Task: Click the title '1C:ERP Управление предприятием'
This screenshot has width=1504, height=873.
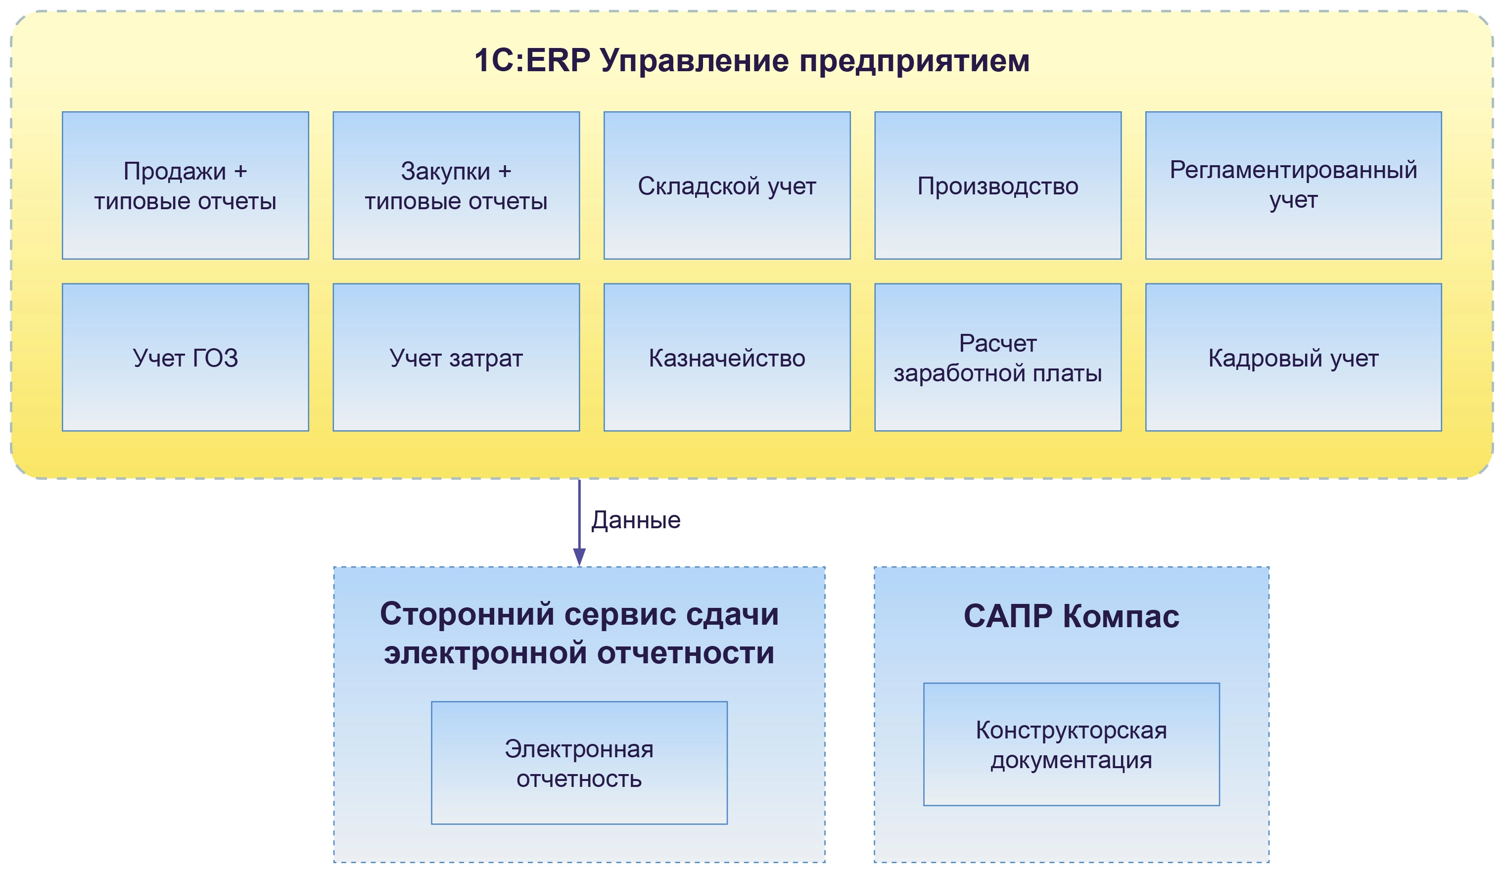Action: point(752,61)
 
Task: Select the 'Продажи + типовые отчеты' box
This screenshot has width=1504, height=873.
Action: point(185,185)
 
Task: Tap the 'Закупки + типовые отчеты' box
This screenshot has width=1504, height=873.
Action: point(456,185)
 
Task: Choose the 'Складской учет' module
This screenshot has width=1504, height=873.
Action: point(726,185)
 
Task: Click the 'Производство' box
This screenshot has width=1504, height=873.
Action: point(997,185)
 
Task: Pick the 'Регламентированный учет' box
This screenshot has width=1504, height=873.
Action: point(1293,185)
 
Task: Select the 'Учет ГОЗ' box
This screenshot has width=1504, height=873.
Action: point(185,358)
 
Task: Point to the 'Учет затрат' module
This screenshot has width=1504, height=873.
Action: point(456,358)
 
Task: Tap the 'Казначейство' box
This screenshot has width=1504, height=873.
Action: point(726,358)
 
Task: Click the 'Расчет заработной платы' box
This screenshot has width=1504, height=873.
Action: point(997,358)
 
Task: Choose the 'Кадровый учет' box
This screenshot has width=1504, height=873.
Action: point(1293,358)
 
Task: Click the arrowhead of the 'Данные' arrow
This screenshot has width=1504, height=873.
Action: point(579,557)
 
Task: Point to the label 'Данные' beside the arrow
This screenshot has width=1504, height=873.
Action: point(636,520)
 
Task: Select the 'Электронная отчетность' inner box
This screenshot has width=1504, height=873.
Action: point(579,763)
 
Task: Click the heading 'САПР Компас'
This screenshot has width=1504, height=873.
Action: point(1071,616)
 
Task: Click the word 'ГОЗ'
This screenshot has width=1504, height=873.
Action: point(215,358)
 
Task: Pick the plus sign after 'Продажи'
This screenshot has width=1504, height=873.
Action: point(240,172)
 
